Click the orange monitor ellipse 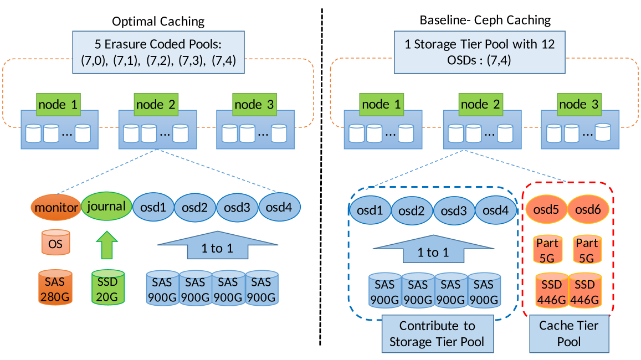tap(55, 207)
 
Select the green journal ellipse tap(106, 207)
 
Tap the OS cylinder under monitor tap(55, 243)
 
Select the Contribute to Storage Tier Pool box tap(437, 333)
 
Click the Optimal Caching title tap(158, 22)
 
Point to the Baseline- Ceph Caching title tap(485, 20)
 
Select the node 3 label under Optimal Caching tap(254, 104)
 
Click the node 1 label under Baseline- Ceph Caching tap(382, 104)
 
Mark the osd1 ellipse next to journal tap(153, 207)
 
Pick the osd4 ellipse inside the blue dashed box tap(496, 211)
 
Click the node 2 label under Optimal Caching tap(157, 104)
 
